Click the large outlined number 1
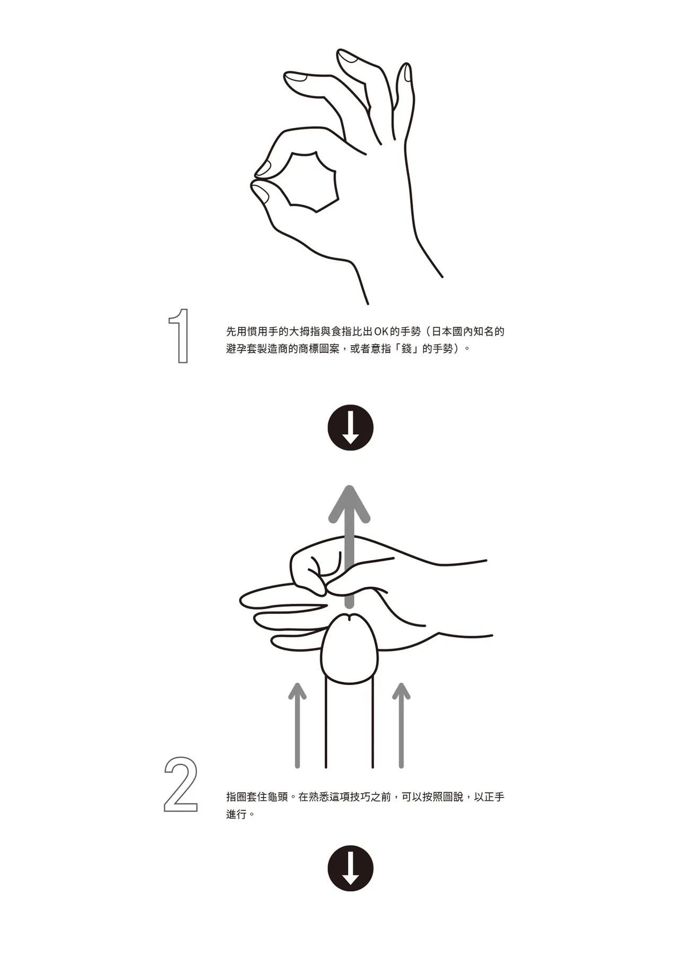182,336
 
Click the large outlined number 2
181,784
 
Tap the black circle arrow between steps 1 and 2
350,428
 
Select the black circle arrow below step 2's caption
350,868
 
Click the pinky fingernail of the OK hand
407,73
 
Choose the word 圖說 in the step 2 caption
452,796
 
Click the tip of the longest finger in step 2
241,600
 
